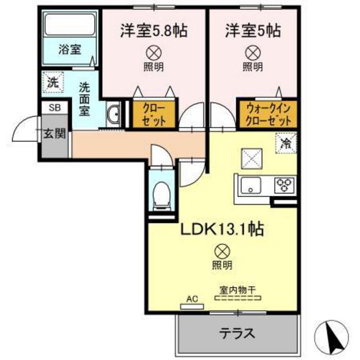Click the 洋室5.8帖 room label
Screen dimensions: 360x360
pyautogui.click(x=153, y=30)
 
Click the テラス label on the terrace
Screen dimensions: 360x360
pyautogui.click(x=237, y=334)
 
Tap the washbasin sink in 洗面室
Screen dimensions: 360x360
pyautogui.click(x=113, y=114)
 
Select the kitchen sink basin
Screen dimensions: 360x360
pyautogui.click(x=249, y=186)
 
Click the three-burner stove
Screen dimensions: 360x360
pyautogui.click(x=283, y=185)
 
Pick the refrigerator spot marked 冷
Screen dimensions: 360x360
pyautogui.click(x=284, y=143)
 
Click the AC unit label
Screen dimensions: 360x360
pyautogui.click(x=191, y=299)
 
